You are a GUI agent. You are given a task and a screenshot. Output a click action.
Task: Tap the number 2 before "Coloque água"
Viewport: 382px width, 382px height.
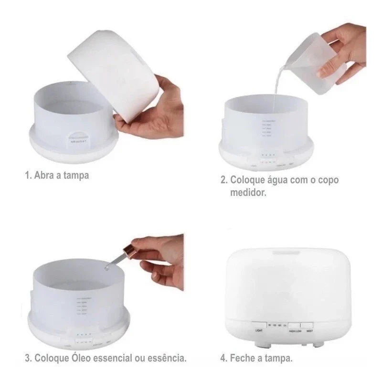click(x=223, y=180)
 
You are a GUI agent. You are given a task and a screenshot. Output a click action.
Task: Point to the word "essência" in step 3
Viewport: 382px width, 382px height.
click(x=167, y=358)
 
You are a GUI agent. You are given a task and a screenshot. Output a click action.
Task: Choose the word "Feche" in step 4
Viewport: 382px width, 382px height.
click(x=243, y=358)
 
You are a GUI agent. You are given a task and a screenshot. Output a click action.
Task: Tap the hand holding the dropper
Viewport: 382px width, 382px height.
click(x=160, y=258)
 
